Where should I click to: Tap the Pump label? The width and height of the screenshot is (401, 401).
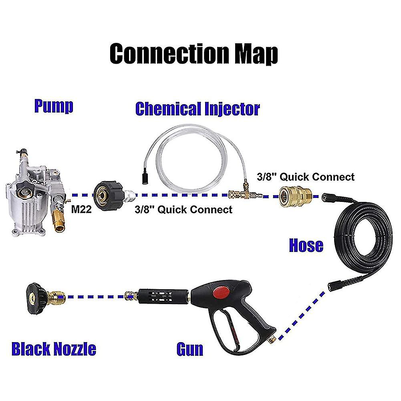tap(53, 107)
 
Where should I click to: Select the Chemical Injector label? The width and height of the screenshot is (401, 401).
tap(197, 109)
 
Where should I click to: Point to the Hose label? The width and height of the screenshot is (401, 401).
tap(306, 245)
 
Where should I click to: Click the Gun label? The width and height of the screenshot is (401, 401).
tap(190, 349)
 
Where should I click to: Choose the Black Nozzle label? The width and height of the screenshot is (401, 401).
tap(54, 349)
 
